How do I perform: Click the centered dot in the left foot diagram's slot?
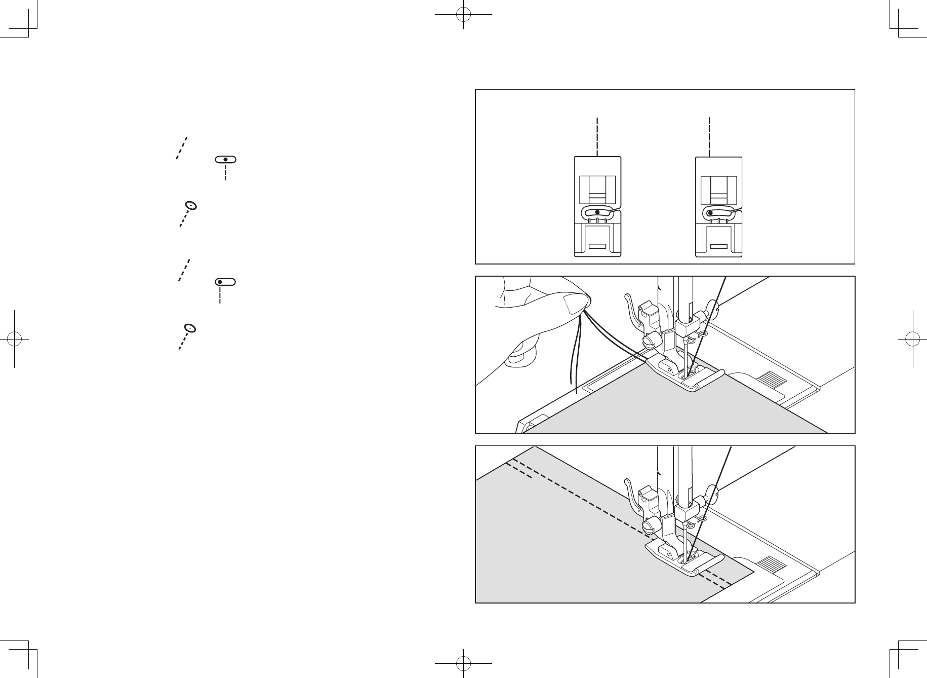click(x=597, y=212)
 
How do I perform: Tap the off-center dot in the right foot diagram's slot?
click(x=711, y=213)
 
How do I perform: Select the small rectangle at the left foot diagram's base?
click(x=597, y=247)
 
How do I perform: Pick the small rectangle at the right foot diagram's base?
click(x=718, y=247)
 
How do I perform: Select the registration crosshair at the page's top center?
click(x=463, y=15)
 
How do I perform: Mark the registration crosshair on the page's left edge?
click(x=15, y=338)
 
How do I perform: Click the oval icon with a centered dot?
click(x=225, y=159)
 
